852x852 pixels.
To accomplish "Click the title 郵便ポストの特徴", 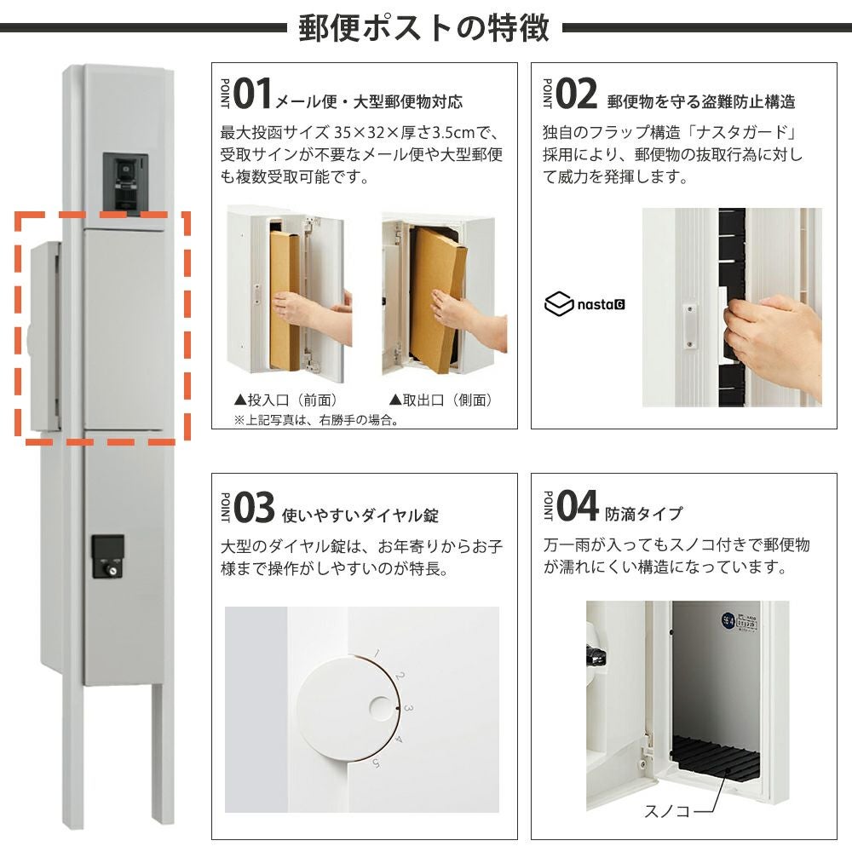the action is pyautogui.click(x=423, y=28).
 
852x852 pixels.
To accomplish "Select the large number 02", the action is pyautogui.click(x=575, y=94).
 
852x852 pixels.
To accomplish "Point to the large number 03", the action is pyautogui.click(x=254, y=507).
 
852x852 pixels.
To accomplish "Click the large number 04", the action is pyautogui.click(x=577, y=505).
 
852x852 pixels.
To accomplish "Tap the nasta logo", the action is pyautogui.click(x=584, y=304).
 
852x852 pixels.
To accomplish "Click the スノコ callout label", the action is pyautogui.click(x=667, y=811).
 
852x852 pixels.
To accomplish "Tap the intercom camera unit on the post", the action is pyautogui.click(x=125, y=183).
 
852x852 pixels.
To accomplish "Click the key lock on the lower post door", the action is pyautogui.click(x=107, y=556).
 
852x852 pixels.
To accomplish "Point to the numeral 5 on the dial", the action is pyautogui.click(x=376, y=763).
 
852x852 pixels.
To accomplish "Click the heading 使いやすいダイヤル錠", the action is pyautogui.click(x=360, y=515).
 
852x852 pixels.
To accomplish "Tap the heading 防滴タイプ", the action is pyautogui.click(x=644, y=514).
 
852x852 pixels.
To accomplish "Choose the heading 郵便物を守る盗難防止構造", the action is pyautogui.click(x=701, y=101).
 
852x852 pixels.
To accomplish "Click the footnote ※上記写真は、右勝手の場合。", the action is pyautogui.click(x=316, y=419).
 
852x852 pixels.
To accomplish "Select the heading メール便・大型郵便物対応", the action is pyautogui.click(x=370, y=101).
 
